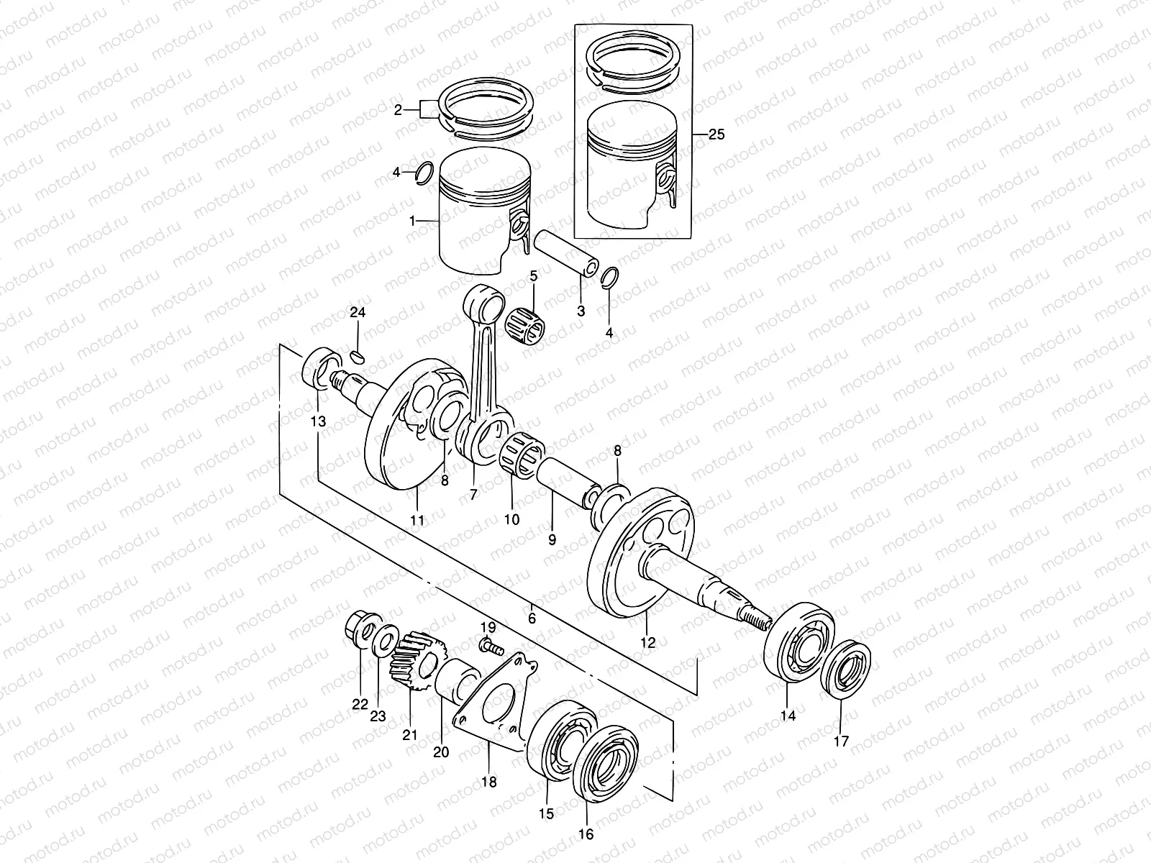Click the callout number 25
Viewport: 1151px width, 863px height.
tap(716, 134)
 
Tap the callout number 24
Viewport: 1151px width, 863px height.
tap(358, 312)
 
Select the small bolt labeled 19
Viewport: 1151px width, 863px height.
tap(491, 646)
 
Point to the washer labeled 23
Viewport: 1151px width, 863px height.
tap(386, 638)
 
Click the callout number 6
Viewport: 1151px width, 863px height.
tap(532, 618)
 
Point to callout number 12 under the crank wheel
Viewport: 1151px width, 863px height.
tap(647, 642)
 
